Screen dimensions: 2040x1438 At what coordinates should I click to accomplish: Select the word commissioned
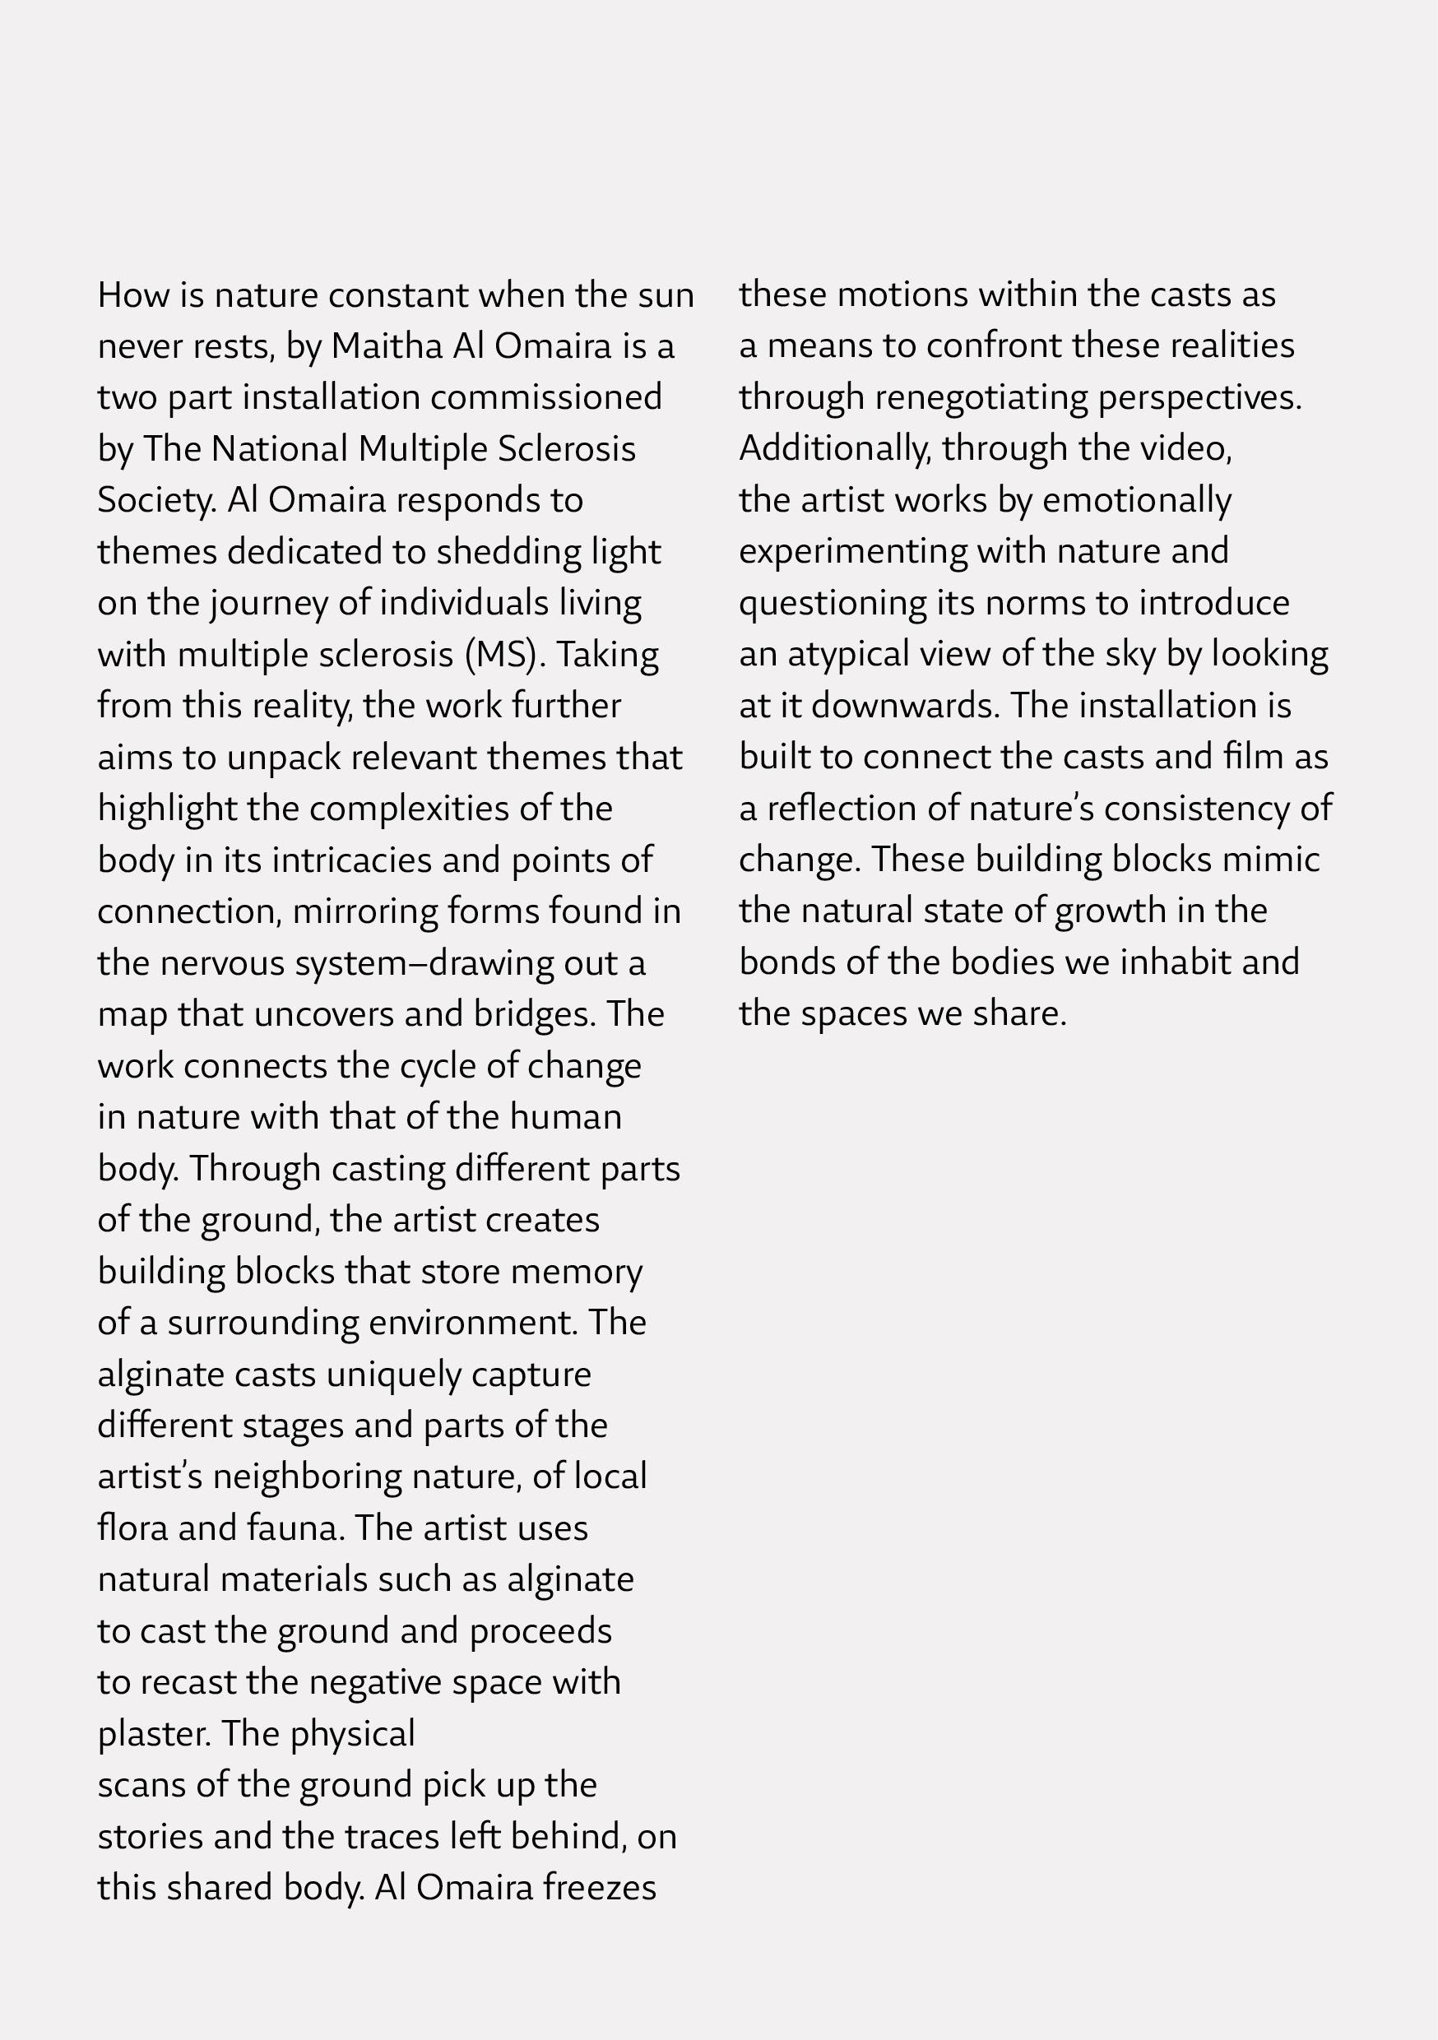[x=546, y=397]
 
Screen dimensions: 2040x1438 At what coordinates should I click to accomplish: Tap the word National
[x=279, y=448]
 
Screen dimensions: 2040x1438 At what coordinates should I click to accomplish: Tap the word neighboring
[x=308, y=1477]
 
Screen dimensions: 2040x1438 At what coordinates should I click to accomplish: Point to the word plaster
[x=154, y=1734]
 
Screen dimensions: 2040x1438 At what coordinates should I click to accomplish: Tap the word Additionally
[x=836, y=448]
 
